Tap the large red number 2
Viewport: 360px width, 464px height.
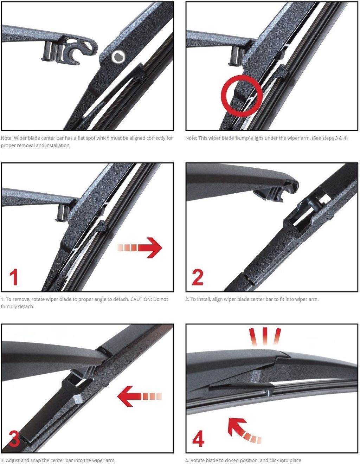coord(198,277)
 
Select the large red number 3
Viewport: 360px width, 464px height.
coord(14,438)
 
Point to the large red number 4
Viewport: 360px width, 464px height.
coord(198,438)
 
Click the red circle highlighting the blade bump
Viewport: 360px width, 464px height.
coord(242,95)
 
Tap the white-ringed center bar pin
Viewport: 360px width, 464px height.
coord(118,57)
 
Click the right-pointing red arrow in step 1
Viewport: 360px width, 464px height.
coord(140,247)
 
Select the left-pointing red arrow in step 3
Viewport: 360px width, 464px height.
coord(139,396)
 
